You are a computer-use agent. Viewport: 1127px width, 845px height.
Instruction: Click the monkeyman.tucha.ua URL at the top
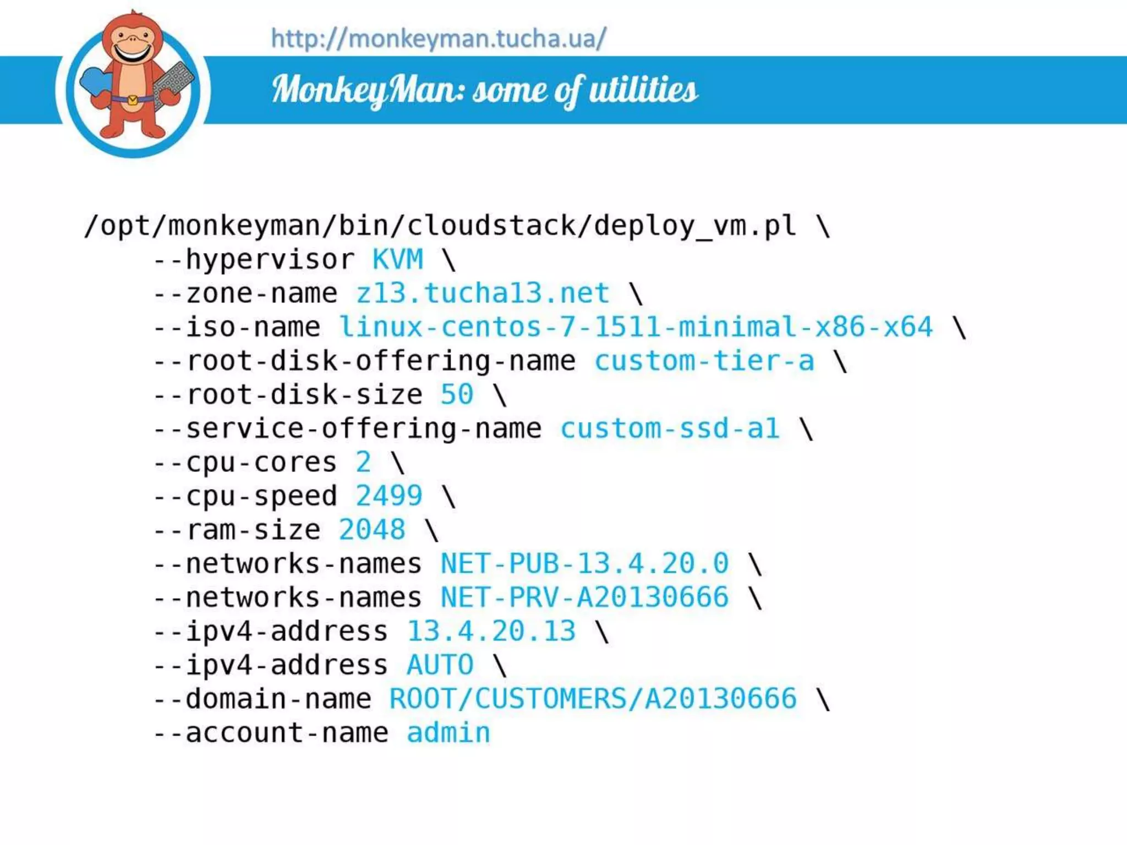pos(438,39)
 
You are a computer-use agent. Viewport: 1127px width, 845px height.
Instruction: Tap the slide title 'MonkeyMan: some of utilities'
pos(484,90)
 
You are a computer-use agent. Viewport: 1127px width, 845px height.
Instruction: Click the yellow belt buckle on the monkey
pos(133,100)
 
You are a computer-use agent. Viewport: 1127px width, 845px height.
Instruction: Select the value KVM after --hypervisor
pos(397,260)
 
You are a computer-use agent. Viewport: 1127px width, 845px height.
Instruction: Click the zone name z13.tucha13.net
pos(483,293)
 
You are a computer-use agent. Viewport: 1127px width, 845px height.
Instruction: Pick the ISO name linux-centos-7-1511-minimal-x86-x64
pos(636,327)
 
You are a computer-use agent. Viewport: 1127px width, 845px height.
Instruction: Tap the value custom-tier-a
pos(704,361)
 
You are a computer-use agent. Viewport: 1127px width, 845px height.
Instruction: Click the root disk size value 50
pos(457,395)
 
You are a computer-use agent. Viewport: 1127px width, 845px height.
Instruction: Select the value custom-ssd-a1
pos(670,429)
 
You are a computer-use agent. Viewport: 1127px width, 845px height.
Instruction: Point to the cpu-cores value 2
pos(363,463)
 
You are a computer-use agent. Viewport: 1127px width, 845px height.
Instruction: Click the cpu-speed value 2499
pos(389,496)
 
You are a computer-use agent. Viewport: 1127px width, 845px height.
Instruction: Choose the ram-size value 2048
pos(372,530)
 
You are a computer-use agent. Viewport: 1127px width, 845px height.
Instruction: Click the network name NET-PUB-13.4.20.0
pos(584,564)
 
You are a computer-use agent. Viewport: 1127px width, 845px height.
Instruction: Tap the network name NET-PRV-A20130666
pos(584,598)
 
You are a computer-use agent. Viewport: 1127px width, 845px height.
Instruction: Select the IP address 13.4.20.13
pos(491,632)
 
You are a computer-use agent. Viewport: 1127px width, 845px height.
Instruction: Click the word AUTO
pos(440,666)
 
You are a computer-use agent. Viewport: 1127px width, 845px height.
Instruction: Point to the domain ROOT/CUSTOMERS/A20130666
pos(593,699)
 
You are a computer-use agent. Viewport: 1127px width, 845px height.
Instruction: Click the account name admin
pos(448,733)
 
